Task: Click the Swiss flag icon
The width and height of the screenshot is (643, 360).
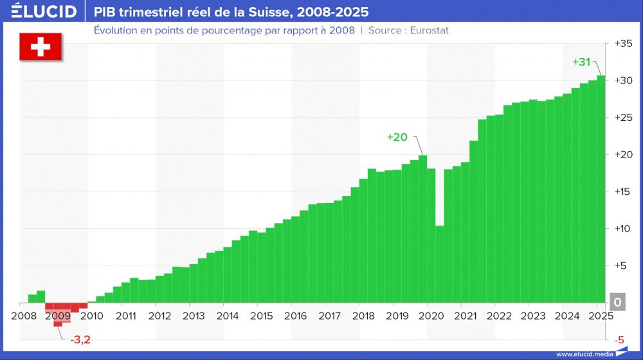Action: click(41, 47)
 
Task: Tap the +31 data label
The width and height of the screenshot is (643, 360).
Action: click(581, 62)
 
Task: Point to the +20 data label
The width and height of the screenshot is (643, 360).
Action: click(397, 137)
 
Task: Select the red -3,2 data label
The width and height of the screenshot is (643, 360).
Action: click(80, 339)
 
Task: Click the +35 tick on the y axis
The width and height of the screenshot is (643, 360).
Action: click(623, 44)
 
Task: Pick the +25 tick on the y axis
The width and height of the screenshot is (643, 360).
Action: click(623, 118)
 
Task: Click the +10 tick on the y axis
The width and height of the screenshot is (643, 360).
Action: click(623, 229)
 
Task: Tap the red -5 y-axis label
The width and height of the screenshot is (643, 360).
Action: click(619, 339)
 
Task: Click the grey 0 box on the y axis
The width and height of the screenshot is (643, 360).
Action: click(617, 302)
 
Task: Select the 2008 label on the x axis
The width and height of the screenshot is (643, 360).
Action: click(24, 316)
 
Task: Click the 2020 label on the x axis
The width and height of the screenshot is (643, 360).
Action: click(431, 316)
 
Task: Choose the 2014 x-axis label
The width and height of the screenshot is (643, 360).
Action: click(228, 316)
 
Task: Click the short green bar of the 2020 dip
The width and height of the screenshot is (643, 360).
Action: click(440, 264)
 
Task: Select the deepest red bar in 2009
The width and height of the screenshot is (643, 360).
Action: click(58, 314)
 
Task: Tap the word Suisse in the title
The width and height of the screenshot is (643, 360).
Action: click(266, 12)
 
